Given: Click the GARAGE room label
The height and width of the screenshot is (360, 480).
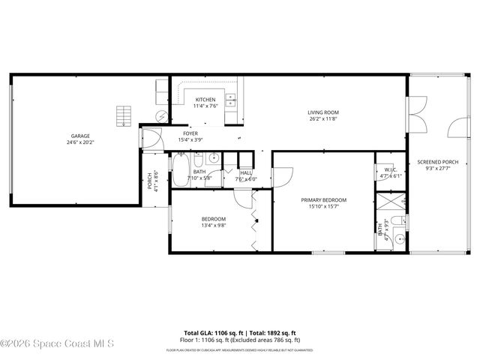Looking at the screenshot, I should click(75, 136).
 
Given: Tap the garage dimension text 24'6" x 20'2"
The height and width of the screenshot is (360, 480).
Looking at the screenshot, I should click(75, 142).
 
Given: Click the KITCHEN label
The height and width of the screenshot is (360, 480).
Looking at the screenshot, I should click(205, 100).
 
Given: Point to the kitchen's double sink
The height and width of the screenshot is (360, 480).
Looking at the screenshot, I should click(231, 98).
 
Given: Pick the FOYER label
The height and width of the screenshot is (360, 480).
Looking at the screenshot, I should click(190, 133).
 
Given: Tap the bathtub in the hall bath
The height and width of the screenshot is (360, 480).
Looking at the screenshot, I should click(181, 166).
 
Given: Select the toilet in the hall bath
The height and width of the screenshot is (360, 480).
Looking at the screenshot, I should click(198, 160).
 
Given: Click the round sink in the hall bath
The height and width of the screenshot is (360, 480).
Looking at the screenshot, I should click(214, 158).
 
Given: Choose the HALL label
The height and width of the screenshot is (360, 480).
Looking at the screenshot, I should click(246, 172).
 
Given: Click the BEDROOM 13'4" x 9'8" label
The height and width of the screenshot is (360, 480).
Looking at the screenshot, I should click(213, 221).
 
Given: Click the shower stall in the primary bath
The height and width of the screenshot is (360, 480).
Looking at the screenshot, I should click(390, 203).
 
